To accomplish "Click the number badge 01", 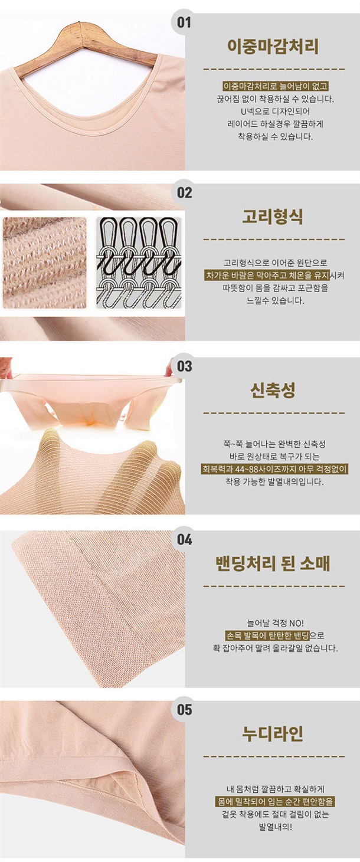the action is click(184, 22).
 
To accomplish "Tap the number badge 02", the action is click(184, 192).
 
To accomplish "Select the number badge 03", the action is click(184, 366).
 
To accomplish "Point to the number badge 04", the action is click(184, 539).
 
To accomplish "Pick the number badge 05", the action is click(184, 710).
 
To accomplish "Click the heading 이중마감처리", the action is click(273, 46).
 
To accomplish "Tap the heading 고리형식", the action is click(273, 217).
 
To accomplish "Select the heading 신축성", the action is click(273, 390).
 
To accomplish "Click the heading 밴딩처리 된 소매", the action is click(273, 563).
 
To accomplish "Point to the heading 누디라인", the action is click(273, 733).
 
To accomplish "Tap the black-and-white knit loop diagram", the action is click(138, 263).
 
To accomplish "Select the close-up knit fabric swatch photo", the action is click(45, 263).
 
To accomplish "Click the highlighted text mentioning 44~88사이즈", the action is click(275, 468).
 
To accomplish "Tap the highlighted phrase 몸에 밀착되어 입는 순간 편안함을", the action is click(275, 802).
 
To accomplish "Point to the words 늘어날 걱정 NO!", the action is click(275, 622).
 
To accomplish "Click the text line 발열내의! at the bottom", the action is click(275, 827).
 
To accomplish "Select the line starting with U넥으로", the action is click(275, 112).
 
